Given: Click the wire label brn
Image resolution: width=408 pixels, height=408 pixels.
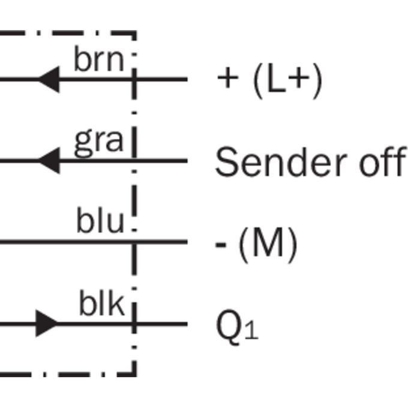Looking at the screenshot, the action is pos(99,59).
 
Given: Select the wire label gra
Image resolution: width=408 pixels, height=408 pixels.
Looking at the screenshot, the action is pos(99,143).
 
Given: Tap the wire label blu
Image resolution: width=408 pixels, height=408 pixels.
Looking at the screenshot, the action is pos(100,220).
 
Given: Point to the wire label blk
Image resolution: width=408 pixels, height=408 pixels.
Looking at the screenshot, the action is pos(102,303).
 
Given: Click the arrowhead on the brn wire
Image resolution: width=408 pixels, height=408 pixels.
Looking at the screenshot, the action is pos(49,79).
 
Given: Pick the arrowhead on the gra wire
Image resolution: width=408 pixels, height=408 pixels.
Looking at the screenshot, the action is pos(49,161).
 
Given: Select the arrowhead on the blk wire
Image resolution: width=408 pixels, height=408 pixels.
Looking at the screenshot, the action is pos(47,323).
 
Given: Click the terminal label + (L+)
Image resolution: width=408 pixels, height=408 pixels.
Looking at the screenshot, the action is pos(269,80).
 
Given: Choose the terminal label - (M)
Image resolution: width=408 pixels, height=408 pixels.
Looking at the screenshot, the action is pos(256,245).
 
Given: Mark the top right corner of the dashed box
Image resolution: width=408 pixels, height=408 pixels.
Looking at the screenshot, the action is pos(134,33).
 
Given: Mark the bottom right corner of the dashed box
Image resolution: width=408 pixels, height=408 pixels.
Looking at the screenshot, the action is pos(134,374).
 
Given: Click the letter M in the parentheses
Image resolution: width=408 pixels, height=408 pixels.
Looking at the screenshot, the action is pos(268,242).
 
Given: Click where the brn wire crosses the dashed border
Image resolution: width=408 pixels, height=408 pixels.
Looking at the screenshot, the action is pos(134,79).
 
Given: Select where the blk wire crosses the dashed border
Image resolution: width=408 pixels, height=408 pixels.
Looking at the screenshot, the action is pos(134,324).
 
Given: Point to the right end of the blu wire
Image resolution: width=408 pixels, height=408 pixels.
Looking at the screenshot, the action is pos(187,242).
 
